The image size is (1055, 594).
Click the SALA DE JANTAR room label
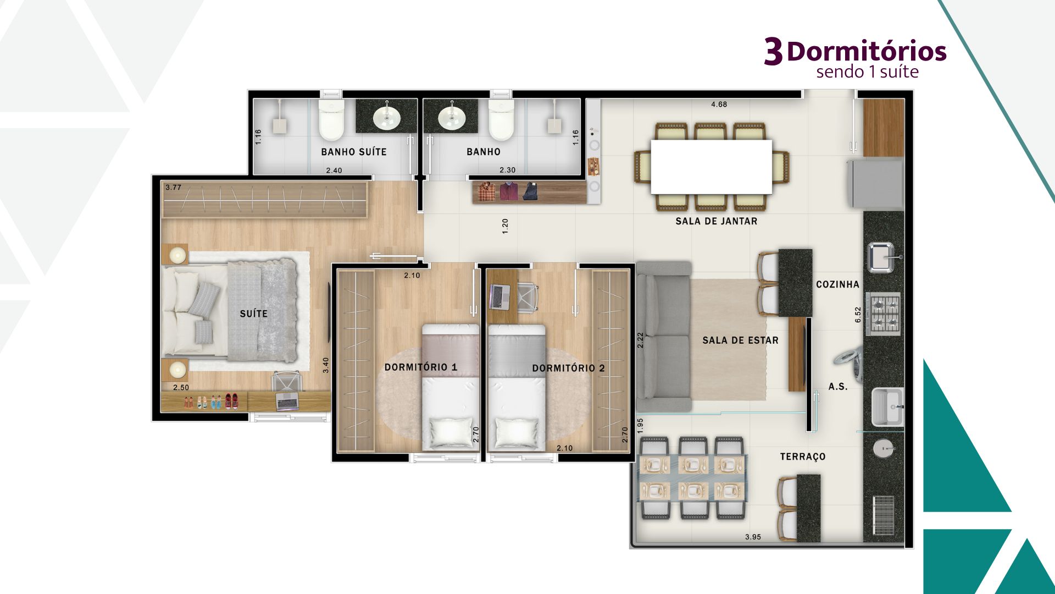(x=716, y=221)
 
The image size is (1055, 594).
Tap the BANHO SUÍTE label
(x=354, y=152)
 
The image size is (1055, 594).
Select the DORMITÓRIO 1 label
(x=421, y=367)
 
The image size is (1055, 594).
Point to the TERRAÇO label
(x=803, y=457)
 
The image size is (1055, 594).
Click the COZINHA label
(x=837, y=284)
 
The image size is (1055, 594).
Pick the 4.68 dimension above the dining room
(x=719, y=105)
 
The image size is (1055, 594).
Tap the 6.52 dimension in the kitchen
(x=858, y=315)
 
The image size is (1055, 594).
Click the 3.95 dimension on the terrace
(x=753, y=537)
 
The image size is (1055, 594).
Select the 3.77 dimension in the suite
(x=173, y=188)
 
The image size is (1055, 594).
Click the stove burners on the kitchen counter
(x=884, y=314)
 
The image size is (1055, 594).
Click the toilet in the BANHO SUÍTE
(x=331, y=119)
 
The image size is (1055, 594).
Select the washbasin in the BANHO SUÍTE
(x=387, y=117)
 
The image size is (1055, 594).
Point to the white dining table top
(x=712, y=167)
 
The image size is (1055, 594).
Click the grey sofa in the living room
(x=663, y=337)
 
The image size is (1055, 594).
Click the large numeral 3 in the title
(x=773, y=52)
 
